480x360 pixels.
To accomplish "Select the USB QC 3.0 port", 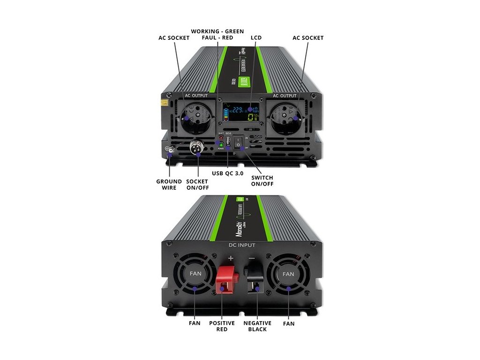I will point(228,142).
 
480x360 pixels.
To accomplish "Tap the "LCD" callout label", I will point(256,37).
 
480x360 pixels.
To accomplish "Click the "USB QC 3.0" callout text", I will point(227,173).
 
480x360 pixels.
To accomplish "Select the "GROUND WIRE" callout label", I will point(169,184).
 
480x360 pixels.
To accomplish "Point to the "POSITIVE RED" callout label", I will point(222,326).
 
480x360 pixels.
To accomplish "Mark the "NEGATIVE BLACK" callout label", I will point(257,326).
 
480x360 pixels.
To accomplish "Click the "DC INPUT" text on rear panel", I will point(241,245).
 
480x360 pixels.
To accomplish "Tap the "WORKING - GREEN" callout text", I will point(217,31).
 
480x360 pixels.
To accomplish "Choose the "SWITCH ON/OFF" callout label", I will point(262,180).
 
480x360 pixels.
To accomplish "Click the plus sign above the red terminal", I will point(230,258).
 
